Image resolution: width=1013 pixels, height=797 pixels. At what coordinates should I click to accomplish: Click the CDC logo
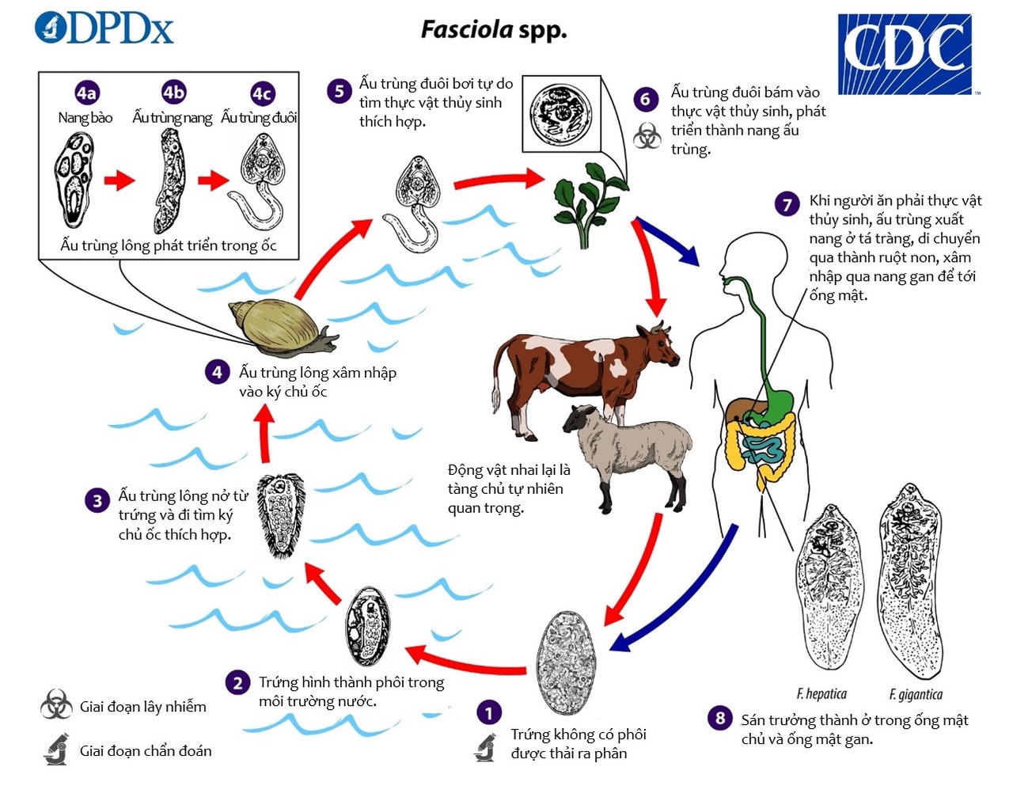tap(905, 54)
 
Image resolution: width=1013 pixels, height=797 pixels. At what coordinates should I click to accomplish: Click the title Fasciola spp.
tap(493, 30)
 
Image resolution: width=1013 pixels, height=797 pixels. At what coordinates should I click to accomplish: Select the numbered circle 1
tap(488, 712)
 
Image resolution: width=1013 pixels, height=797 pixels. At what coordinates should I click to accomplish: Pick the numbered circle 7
tap(787, 205)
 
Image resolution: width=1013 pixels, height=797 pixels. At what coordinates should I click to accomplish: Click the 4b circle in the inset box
tap(173, 93)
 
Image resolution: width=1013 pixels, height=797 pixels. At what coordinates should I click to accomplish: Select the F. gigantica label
tap(916, 694)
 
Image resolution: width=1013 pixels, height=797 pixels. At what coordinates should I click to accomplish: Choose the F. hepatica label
tap(821, 694)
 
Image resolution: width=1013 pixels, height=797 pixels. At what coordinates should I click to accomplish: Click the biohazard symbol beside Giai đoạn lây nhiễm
tap(56, 704)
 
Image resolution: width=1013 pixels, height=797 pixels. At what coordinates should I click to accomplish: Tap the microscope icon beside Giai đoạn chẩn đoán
tap(55, 750)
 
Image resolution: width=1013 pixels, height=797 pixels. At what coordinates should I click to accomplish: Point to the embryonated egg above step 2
tap(368, 625)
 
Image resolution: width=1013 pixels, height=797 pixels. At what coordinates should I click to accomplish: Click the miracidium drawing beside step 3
tap(280, 514)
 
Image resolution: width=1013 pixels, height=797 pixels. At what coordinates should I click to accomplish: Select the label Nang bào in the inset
tap(85, 118)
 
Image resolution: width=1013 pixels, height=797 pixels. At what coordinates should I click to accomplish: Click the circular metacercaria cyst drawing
tap(560, 115)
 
